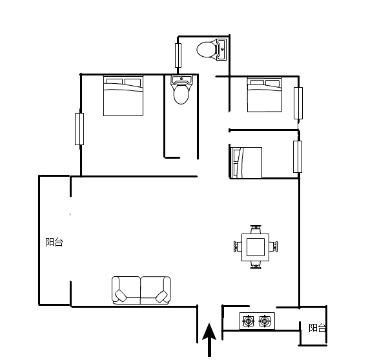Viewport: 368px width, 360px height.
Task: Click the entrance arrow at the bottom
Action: point(209,340)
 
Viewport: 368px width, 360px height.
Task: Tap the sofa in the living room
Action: point(141,290)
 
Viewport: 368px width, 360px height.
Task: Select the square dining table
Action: point(256,247)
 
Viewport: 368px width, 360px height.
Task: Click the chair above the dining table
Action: point(256,229)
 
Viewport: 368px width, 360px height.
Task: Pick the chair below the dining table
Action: point(256,265)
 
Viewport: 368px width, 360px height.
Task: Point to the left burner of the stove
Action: point(249,321)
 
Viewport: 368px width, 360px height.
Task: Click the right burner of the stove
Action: point(265,321)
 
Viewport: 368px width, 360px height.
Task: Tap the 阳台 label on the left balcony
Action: point(54,242)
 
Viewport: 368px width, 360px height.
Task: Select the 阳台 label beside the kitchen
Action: point(317,328)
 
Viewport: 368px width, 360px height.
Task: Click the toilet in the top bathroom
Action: point(206,50)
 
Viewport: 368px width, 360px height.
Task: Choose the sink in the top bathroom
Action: point(221,50)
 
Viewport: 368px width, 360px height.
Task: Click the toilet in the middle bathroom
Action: point(181,94)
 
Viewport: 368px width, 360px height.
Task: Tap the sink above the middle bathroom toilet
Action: point(181,79)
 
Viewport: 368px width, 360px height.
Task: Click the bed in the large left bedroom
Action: point(123,95)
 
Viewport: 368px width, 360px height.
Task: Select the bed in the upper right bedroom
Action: point(265,95)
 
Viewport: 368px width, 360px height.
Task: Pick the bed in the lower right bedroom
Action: point(247,163)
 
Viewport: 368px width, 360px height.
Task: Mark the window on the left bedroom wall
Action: point(79,129)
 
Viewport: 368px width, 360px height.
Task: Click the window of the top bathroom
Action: point(178,55)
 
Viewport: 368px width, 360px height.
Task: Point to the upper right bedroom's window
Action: point(298,103)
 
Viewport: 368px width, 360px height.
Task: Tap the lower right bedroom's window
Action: point(298,157)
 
